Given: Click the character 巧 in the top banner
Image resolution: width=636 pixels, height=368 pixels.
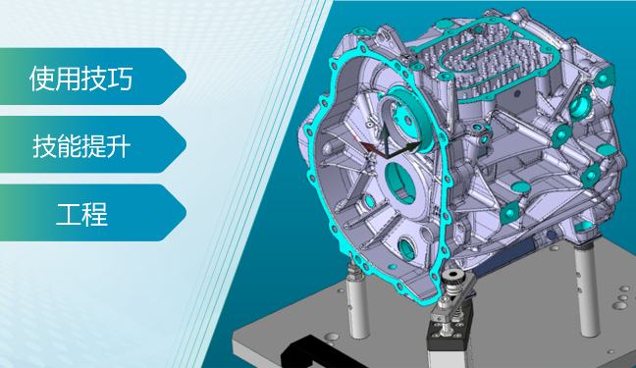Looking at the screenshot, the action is pyautogui.click(x=121, y=79).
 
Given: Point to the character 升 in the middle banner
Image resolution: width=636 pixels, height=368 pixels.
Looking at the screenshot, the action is pyautogui.click(x=118, y=146).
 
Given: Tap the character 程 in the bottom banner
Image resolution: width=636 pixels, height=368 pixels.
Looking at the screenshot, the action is pyautogui.click(x=95, y=215).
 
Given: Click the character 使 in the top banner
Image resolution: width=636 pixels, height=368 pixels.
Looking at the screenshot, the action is pyautogui.click(x=42, y=79).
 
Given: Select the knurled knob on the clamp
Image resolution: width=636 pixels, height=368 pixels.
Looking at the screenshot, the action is pyautogui.click(x=452, y=279).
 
